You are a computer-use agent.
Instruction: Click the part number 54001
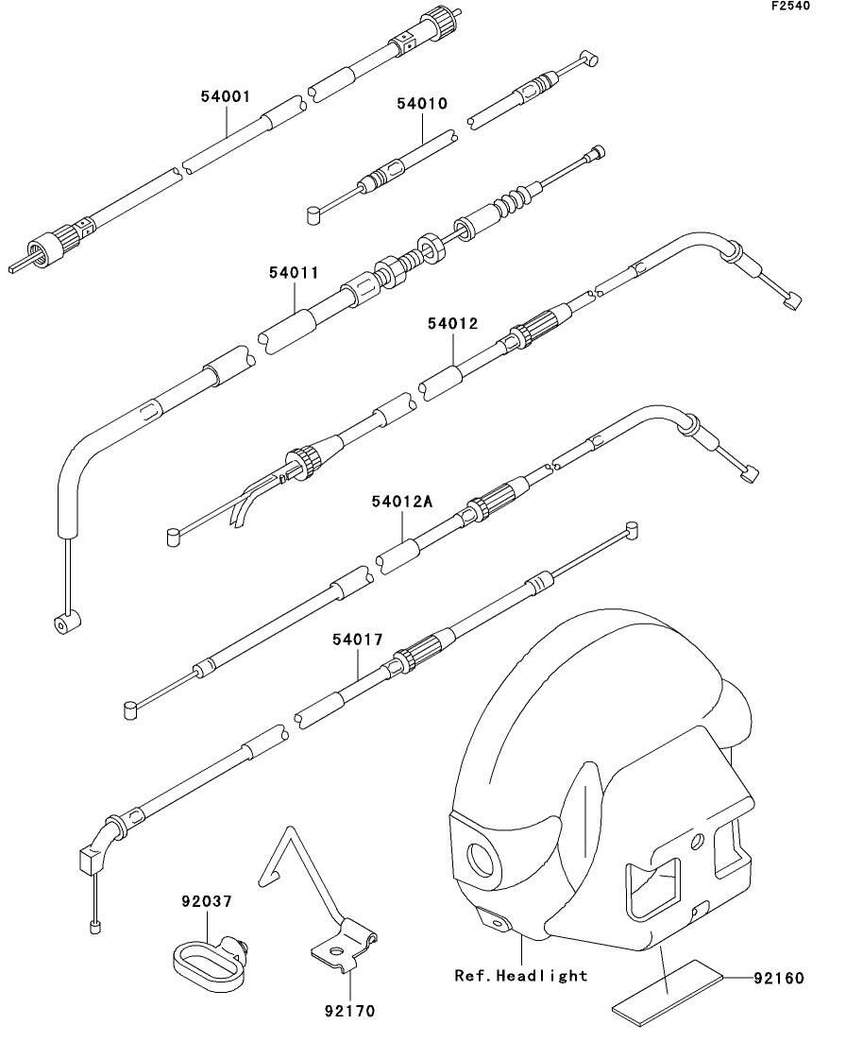(x=226, y=97)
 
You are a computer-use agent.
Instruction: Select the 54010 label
(x=423, y=104)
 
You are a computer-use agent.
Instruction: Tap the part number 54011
(x=295, y=272)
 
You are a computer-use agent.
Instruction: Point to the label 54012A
(x=402, y=501)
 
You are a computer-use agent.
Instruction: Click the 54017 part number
(x=358, y=640)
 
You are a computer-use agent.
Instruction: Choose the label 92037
(x=207, y=902)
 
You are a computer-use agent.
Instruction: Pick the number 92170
(x=350, y=1011)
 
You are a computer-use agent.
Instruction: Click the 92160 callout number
(x=779, y=978)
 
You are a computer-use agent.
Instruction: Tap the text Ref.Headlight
(x=521, y=976)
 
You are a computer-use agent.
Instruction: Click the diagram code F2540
(x=791, y=6)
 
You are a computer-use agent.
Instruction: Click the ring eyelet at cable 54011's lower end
(x=66, y=623)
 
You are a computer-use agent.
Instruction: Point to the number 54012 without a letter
(x=452, y=324)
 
